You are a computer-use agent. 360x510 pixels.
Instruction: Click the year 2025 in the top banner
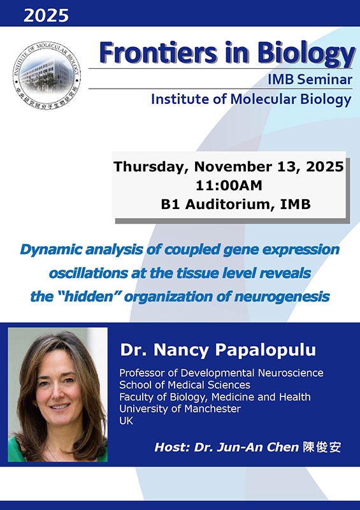(46, 15)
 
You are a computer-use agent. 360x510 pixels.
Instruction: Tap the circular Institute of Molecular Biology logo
(47, 75)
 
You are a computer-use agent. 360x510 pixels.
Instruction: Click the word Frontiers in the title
(158, 53)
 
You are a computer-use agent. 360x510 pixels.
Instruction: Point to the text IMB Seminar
(310, 79)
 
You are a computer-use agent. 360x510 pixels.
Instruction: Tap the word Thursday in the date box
(151, 167)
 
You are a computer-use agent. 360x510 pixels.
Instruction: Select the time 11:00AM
(229, 186)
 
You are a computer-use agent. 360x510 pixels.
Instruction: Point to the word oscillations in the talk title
(88, 273)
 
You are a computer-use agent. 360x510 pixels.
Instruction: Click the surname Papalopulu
(265, 350)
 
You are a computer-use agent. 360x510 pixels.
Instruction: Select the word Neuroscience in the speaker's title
(291, 373)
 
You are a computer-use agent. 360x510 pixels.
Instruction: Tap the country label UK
(126, 421)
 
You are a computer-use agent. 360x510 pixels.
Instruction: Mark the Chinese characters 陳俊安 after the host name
(322, 448)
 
